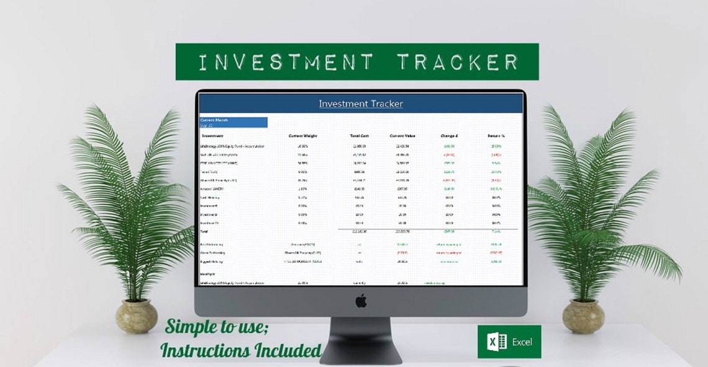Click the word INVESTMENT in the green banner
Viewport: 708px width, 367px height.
286,62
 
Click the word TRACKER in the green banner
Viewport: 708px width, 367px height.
458,62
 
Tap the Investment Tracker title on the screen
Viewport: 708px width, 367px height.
361,104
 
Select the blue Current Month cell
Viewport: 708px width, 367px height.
234,122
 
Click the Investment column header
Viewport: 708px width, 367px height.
213,135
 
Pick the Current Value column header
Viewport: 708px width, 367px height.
402,135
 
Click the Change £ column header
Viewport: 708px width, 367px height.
449,135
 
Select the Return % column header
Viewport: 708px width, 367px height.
496,135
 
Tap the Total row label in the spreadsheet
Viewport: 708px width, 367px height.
204,231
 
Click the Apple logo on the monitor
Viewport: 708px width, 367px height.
361,301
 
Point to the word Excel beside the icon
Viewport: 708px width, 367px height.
522,342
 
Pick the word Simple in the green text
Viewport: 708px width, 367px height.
189,327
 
